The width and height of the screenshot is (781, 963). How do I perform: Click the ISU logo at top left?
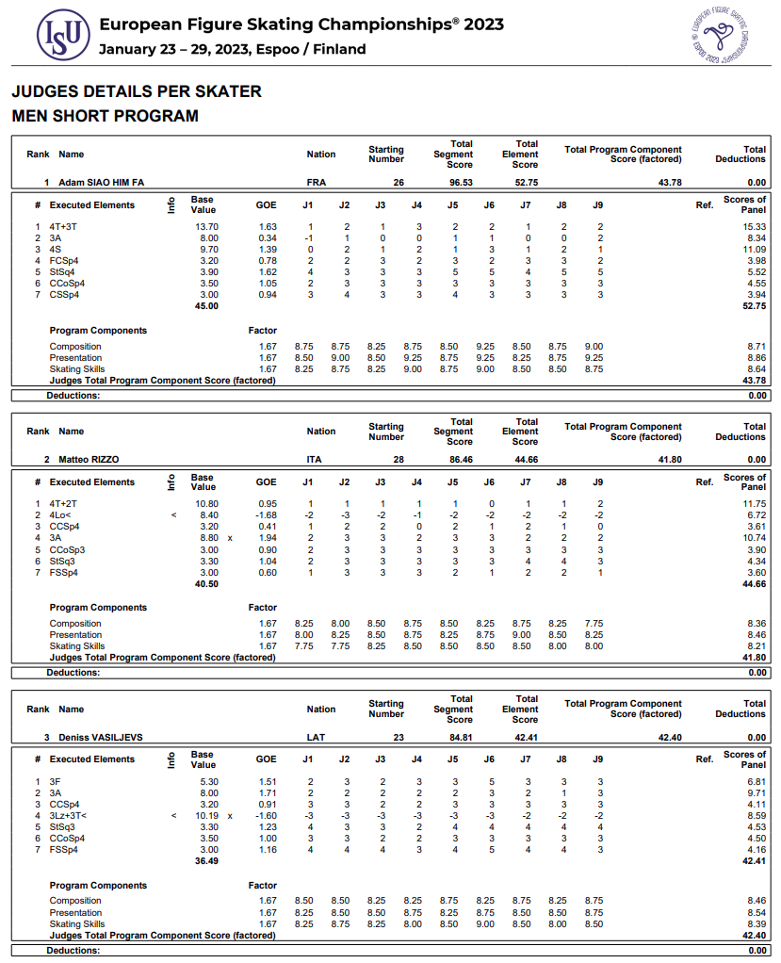[x=63, y=35]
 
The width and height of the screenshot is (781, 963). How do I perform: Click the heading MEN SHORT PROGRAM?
[x=105, y=116]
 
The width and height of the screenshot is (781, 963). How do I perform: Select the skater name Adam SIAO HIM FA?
[x=101, y=182]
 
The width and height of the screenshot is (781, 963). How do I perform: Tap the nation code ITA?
[x=314, y=460]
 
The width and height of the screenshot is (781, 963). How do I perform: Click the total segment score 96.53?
[x=460, y=182]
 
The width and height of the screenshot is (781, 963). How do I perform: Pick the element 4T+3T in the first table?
[x=64, y=227]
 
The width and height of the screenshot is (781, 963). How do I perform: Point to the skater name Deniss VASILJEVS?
[x=101, y=737]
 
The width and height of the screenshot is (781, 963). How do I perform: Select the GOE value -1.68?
[x=267, y=515]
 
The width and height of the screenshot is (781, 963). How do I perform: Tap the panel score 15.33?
[x=753, y=227]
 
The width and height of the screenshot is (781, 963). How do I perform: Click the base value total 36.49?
[x=206, y=861]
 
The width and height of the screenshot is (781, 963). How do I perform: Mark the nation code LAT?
[x=316, y=737]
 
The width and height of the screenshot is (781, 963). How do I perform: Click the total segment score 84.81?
[x=460, y=737]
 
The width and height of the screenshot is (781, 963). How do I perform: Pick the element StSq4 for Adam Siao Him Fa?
[x=64, y=272]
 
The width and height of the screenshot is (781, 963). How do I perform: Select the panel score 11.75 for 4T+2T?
[x=753, y=504]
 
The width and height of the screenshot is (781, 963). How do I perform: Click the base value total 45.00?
[x=206, y=306]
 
